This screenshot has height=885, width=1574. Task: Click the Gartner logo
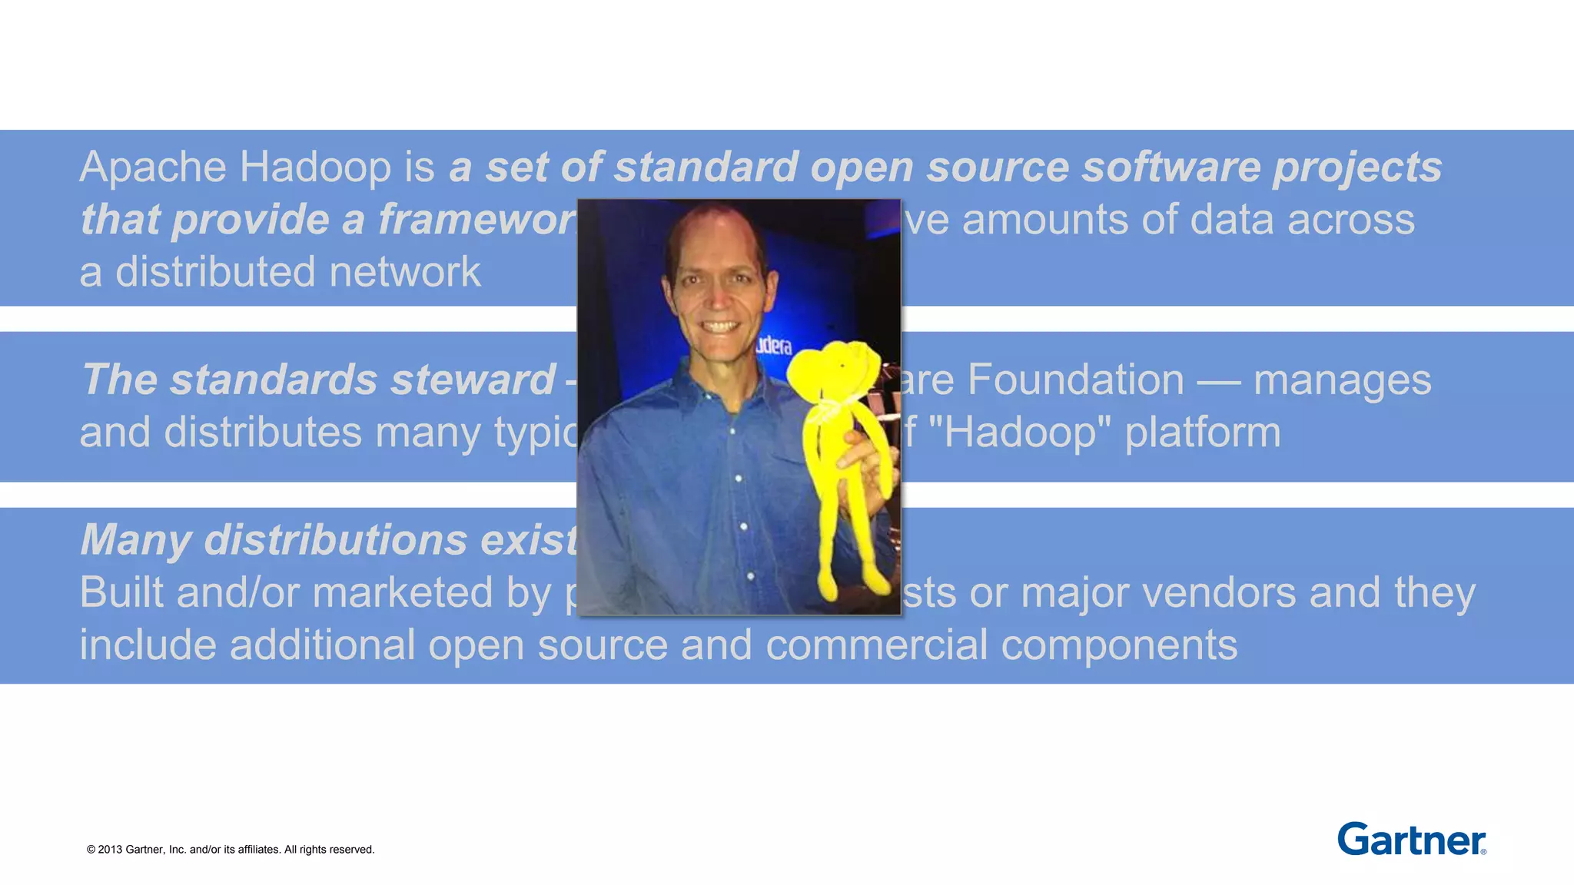point(1411,839)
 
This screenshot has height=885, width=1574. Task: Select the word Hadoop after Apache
point(315,167)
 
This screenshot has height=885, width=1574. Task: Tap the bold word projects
point(1356,167)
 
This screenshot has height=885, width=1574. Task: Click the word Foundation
point(1076,380)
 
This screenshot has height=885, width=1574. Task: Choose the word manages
point(1342,380)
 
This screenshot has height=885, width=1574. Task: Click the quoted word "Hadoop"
point(1019,433)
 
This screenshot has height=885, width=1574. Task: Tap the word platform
point(1203,433)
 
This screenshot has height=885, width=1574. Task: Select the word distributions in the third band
point(335,540)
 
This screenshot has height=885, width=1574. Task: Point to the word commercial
point(876,645)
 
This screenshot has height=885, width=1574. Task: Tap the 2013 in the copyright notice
point(110,850)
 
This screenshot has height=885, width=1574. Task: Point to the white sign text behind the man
point(773,346)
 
